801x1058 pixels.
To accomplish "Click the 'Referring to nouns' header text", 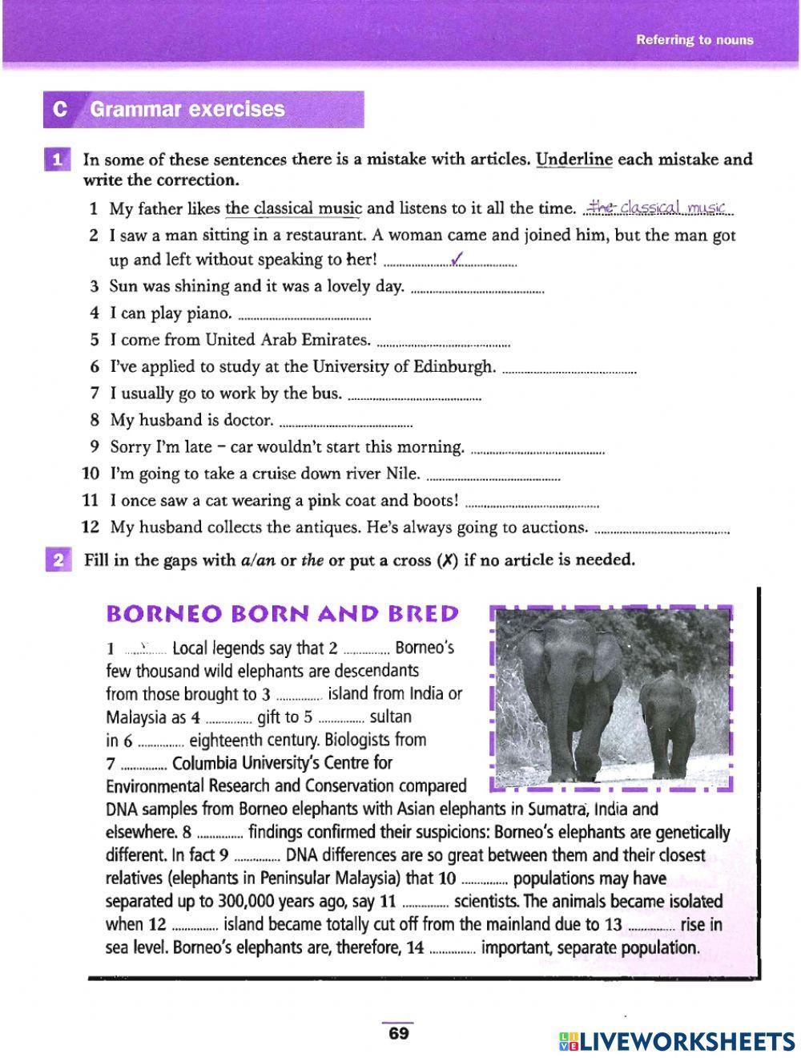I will tap(694, 40).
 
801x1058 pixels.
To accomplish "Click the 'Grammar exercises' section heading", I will tap(187, 109).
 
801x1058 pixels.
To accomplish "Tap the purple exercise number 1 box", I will tap(58, 160).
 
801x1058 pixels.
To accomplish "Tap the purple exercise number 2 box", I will tap(58, 560).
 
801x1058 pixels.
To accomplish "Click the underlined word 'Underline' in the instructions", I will tap(574, 159).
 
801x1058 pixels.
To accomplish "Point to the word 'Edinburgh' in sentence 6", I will tap(453, 367).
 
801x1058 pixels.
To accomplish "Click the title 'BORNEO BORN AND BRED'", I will tap(282, 614).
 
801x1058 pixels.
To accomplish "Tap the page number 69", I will tap(398, 1033).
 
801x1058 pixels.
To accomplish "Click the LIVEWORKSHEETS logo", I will tap(677, 1040).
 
